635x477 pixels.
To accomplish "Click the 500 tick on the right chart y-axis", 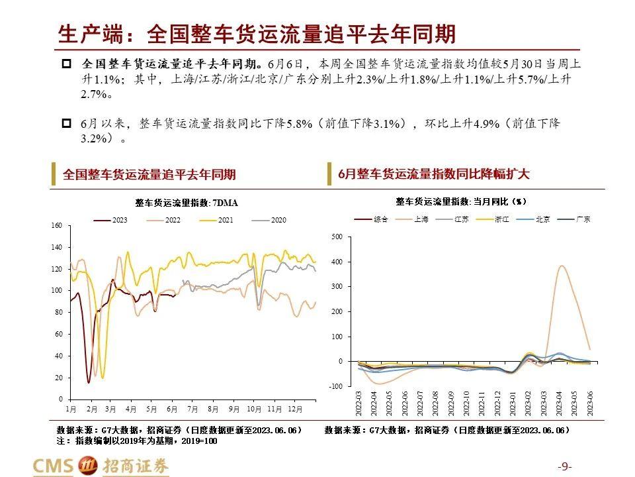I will pyautogui.click(x=337, y=237).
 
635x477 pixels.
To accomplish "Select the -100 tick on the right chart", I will pyautogui.click(x=335, y=386).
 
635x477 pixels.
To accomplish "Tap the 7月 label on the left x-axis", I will pyautogui.click(x=193, y=409).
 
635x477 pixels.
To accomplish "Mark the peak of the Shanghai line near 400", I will pyautogui.click(x=562, y=266).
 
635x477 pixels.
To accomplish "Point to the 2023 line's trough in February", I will pyautogui.click(x=89, y=382).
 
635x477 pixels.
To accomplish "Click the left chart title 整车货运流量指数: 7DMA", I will pyautogui.click(x=187, y=203).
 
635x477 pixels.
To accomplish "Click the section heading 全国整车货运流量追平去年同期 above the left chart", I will pyautogui.click(x=149, y=175).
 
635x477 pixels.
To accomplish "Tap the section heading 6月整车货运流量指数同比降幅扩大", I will pyautogui.click(x=433, y=174).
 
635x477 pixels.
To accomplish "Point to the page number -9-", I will pyautogui.click(x=565, y=465).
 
